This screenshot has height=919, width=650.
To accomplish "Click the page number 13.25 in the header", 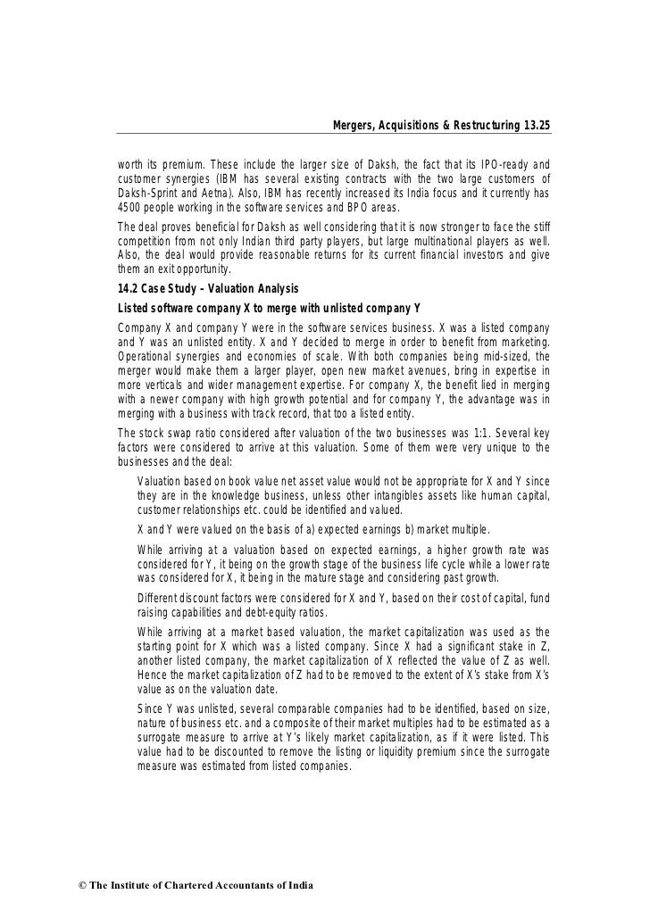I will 534,125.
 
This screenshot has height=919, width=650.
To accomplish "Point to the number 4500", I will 131,207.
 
